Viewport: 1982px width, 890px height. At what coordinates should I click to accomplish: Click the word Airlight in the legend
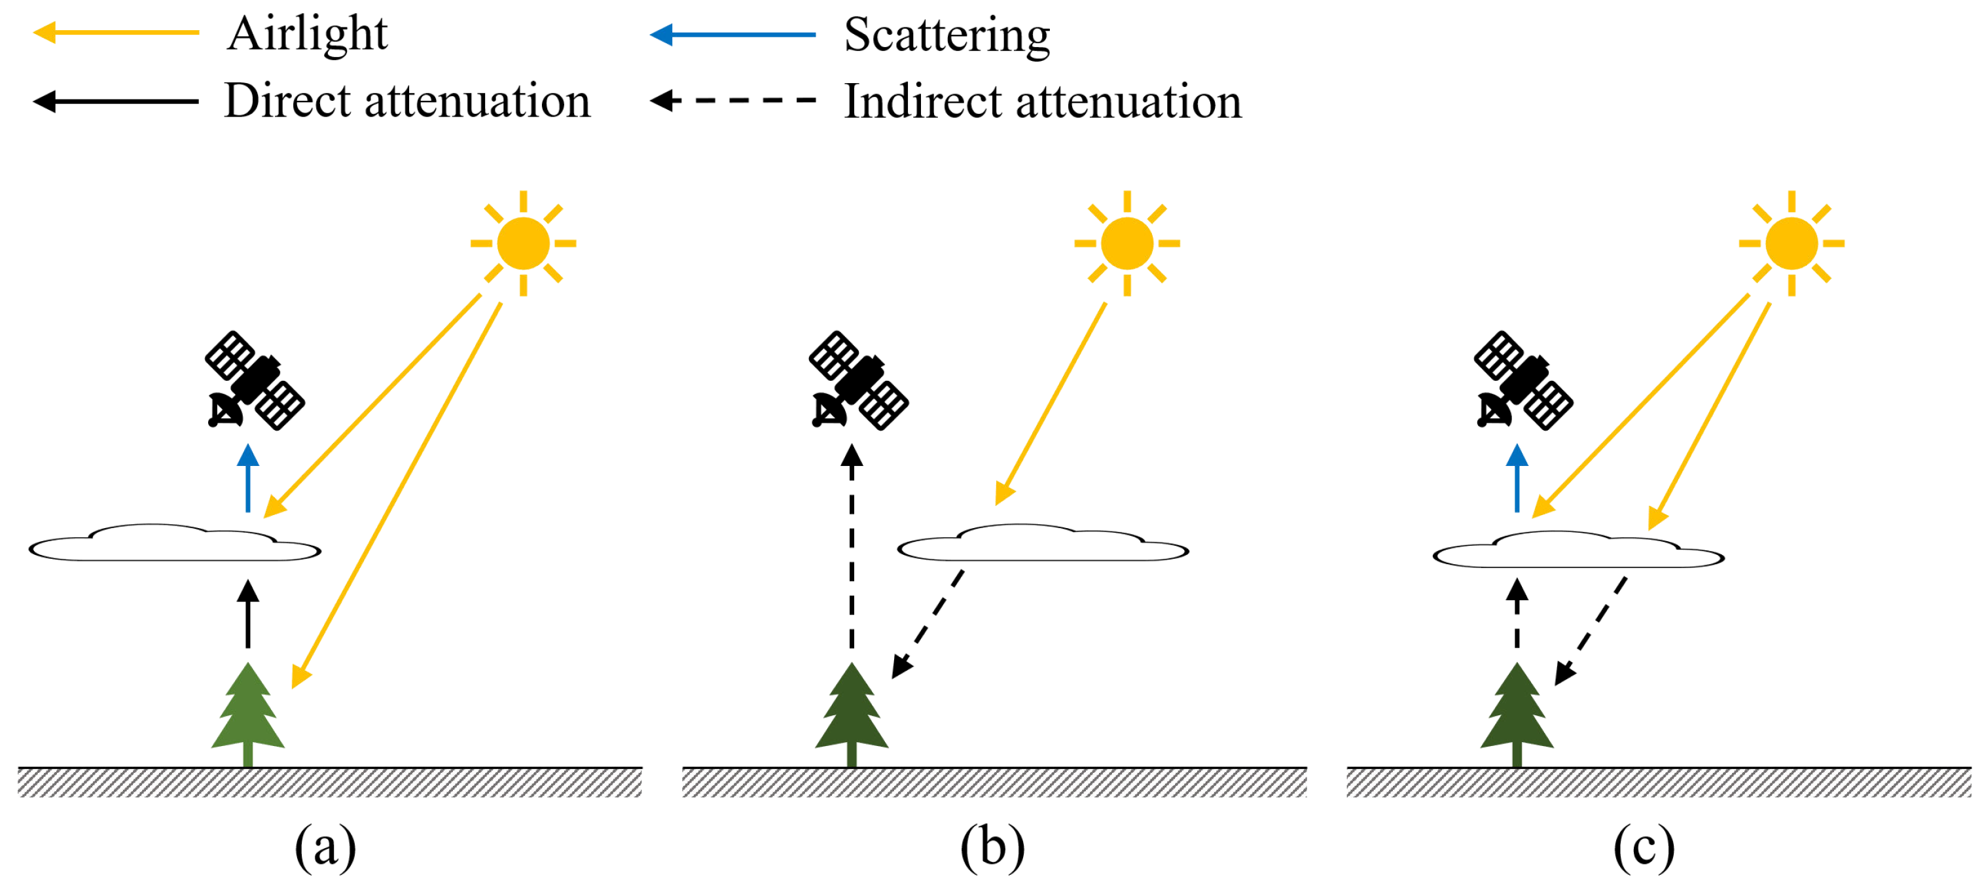pyautogui.click(x=307, y=34)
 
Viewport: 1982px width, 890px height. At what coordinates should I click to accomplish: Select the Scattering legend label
pyautogui.click(x=946, y=35)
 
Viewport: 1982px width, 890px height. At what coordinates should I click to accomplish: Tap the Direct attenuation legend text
pyautogui.click(x=407, y=101)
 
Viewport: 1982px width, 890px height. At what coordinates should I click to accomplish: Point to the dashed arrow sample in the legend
pyautogui.click(x=732, y=100)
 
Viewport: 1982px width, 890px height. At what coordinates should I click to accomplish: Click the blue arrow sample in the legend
pyautogui.click(x=732, y=35)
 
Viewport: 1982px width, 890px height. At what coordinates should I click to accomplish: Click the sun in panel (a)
pyautogui.click(x=523, y=243)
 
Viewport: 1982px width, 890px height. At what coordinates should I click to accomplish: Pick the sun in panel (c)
pyautogui.click(x=1791, y=243)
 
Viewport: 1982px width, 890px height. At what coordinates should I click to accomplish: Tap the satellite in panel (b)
pyautogui.click(x=858, y=381)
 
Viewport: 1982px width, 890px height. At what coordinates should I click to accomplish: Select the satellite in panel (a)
pyautogui.click(x=254, y=381)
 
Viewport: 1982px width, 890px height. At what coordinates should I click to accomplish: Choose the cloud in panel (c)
pyautogui.click(x=1578, y=551)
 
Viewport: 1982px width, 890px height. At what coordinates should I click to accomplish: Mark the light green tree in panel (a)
pyautogui.click(x=247, y=711)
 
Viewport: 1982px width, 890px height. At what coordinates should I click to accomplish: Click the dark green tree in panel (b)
pyautogui.click(x=852, y=711)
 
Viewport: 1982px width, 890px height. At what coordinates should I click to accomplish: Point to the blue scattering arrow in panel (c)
pyautogui.click(x=1517, y=478)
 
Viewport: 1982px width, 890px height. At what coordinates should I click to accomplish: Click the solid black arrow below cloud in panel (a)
pyautogui.click(x=247, y=614)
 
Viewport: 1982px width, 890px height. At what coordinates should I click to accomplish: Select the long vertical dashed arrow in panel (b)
pyautogui.click(x=852, y=554)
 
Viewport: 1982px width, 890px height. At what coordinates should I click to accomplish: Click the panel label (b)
pyautogui.click(x=992, y=847)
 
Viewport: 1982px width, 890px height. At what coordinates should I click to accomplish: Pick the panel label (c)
pyautogui.click(x=1644, y=847)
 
